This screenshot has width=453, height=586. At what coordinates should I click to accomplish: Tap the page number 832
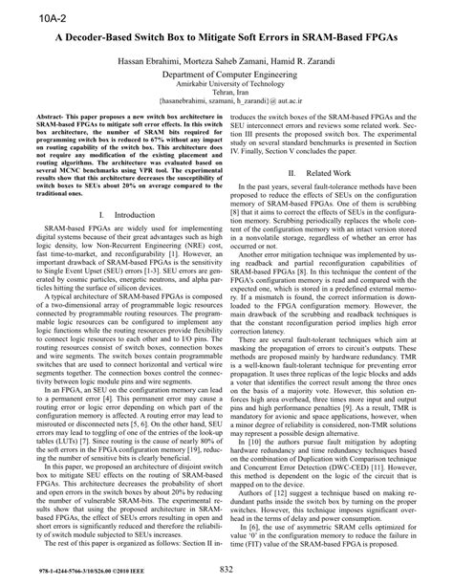[x=226, y=571]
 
